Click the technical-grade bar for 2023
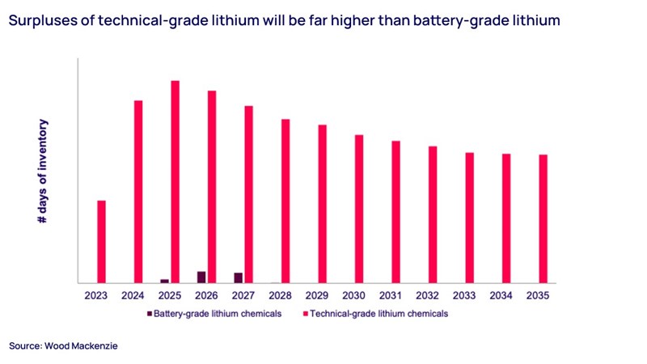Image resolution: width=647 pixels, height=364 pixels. [102, 242]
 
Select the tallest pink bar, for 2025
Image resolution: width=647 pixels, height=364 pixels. [175, 182]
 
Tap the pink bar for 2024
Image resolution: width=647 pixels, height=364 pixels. [138, 192]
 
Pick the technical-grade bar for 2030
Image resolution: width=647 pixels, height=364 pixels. [359, 209]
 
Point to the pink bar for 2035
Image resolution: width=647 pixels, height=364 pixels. [543, 218]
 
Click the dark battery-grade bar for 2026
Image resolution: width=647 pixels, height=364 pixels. [201, 277]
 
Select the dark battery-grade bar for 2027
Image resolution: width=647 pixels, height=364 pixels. [239, 278]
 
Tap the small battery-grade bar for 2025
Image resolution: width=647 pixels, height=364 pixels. [165, 281]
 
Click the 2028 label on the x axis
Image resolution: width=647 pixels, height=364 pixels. [280, 296]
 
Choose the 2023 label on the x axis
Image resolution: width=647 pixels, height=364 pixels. [96, 296]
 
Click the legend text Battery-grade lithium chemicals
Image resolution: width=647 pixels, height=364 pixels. [218, 313]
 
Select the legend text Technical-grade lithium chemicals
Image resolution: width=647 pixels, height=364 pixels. [380, 313]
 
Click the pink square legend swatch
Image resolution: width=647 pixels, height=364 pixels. [305, 313]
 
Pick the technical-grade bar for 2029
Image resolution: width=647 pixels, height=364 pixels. [322, 204]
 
